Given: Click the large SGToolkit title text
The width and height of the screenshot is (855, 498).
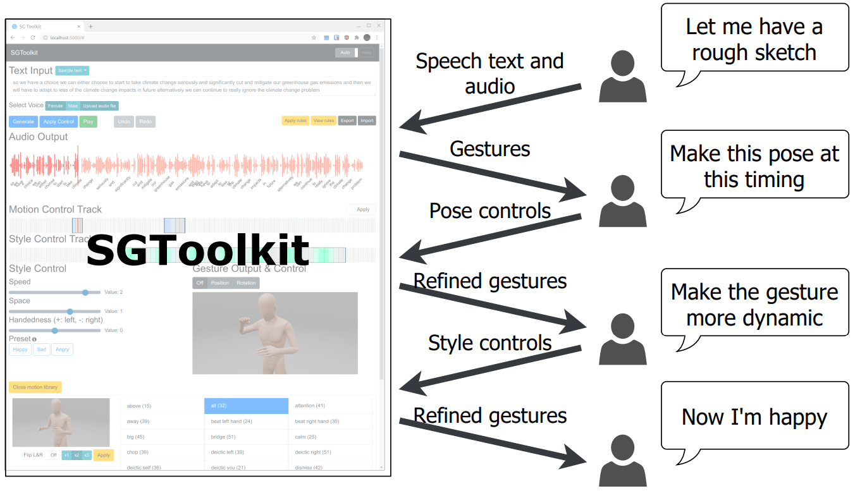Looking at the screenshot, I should pos(197,251).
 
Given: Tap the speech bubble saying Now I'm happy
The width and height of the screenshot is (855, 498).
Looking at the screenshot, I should pos(754,416).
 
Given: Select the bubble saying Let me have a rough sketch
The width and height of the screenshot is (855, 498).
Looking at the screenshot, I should pos(754,39).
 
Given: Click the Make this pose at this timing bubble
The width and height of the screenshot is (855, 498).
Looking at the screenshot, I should pos(754,166).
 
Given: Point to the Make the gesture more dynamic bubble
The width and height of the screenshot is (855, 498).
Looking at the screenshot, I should pos(754,304).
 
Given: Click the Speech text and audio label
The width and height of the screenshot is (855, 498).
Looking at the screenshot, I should pos(489,73).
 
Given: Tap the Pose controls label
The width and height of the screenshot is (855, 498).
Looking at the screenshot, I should pos(490,210).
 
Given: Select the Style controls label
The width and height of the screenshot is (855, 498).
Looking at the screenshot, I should pos(490,343).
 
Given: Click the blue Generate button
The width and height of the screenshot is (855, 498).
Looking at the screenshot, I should pos(23,121).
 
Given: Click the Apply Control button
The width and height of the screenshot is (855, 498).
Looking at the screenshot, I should pos(59,121).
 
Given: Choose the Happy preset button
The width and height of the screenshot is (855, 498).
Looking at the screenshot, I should pos(20,349).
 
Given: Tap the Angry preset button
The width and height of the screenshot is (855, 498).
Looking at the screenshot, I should pos(62,349).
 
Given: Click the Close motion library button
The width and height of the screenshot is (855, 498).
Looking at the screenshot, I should pos(35,387).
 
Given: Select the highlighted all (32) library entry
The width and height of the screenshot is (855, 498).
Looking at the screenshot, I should pos(246,406).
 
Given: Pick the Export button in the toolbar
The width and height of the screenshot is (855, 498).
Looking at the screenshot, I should pos(347,121).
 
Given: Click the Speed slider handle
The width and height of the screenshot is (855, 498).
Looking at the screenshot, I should pos(85,292).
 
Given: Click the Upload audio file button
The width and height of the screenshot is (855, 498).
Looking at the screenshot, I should pos(99,106).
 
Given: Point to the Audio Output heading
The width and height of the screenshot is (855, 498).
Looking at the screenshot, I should pos(39,137).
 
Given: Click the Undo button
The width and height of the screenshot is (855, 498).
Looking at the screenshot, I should pos(124,121).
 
